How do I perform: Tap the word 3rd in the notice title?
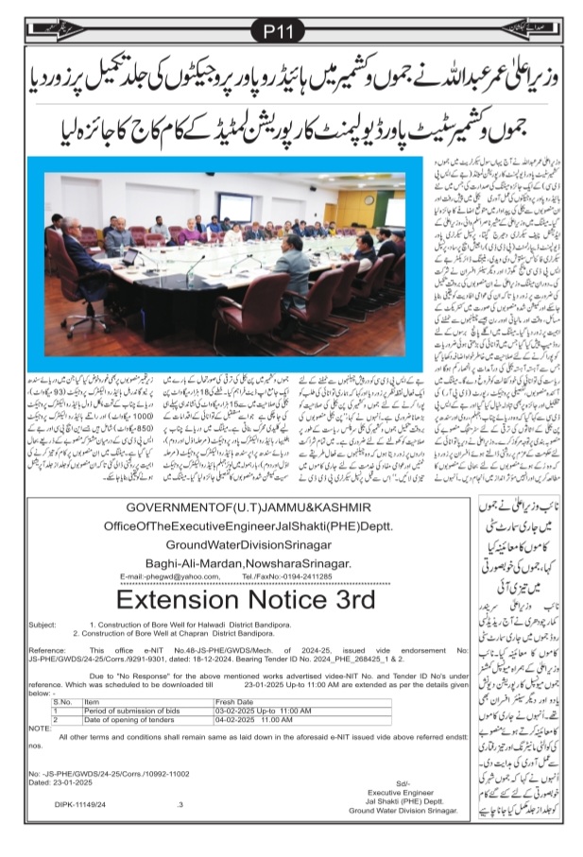click(x=343, y=599)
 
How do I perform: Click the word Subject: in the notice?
click(x=43, y=626)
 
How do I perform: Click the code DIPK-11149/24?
click(x=79, y=804)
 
